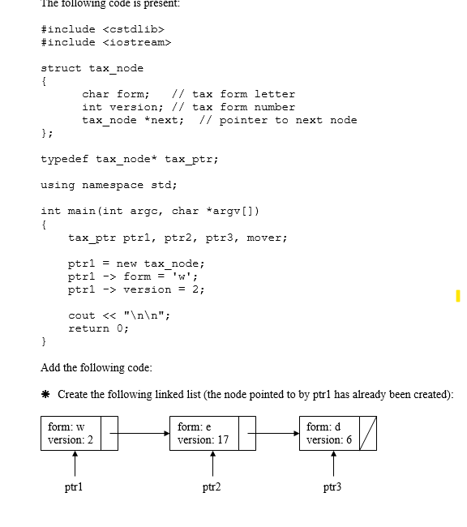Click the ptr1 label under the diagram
click(74, 487)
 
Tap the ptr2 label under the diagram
click(212, 487)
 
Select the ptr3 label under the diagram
click(332, 487)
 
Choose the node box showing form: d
click(329, 434)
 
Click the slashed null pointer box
click(367, 434)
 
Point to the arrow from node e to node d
click(276, 434)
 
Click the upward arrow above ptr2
click(212, 464)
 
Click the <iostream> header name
click(137, 42)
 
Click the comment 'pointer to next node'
click(288, 120)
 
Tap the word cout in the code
click(81, 315)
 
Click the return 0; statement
click(98, 328)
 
